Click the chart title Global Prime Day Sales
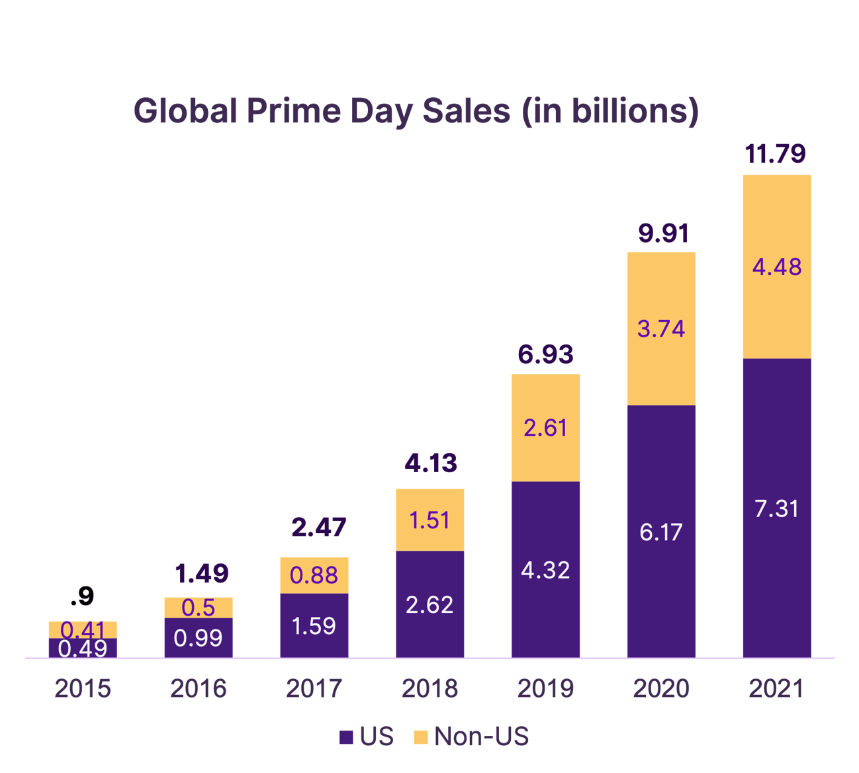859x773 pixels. (x=416, y=111)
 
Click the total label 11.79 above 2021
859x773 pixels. (x=775, y=153)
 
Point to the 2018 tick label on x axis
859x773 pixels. (x=429, y=689)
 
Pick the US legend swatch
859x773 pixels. (x=345, y=737)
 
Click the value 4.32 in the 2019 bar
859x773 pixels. (x=545, y=570)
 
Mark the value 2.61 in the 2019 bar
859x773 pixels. (x=545, y=428)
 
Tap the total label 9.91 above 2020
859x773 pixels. (x=663, y=233)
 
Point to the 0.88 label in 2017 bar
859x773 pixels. (x=314, y=575)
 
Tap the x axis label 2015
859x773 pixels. (x=83, y=689)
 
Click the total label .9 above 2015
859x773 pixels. (x=82, y=596)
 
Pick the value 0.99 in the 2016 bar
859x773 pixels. (x=198, y=638)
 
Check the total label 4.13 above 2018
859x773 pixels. (x=430, y=463)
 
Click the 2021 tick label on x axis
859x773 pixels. (x=776, y=689)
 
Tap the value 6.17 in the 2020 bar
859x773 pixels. (x=660, y=532)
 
